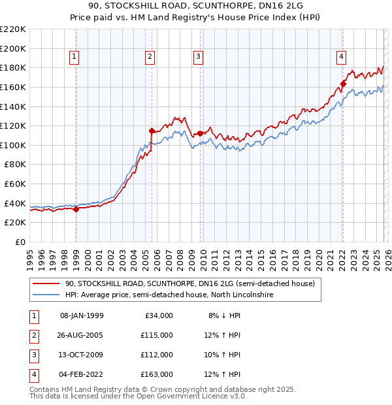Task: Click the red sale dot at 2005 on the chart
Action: pyautogui.click(x=152, y=131)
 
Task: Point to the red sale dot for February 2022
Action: pyautogui.click(x=343, y=84)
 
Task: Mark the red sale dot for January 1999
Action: pyautogui.click(x=76, y=209)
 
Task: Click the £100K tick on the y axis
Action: pyautogui.click(x=13, y=145)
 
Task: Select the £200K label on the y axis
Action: pyautogui.click(x=13, y=48)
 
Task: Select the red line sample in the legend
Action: pyautogui.click(x=46, y=283)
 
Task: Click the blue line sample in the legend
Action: pyautogui.click(x=46, y=295)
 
